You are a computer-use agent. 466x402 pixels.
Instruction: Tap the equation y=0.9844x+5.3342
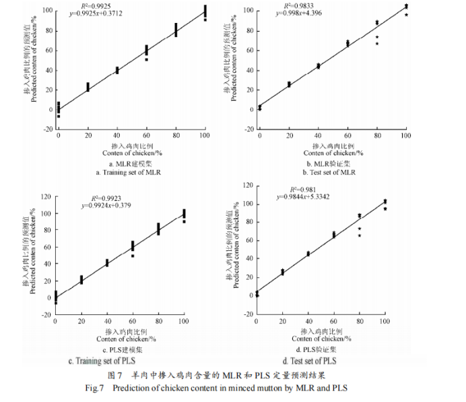[x=305, y=197]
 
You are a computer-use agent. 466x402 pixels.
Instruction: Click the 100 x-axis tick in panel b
[x=405, y=137]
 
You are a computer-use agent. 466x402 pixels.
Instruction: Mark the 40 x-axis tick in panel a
[x=116, y=137]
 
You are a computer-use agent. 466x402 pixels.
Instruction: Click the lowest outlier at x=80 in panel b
[x=377, y=44]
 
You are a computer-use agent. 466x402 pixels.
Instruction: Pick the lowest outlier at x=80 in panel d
[x=359, y=235]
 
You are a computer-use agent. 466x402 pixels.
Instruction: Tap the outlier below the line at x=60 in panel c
[x=133, y=256]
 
